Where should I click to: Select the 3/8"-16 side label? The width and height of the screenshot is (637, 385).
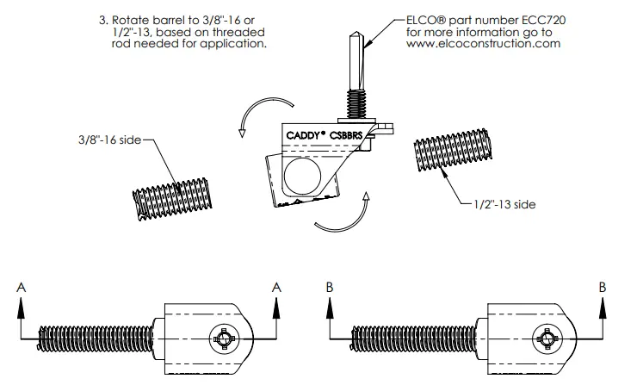107,140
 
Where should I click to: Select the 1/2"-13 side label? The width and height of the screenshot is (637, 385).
507,205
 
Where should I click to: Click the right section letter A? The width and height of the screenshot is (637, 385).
276,289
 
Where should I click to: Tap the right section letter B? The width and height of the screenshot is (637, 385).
602,289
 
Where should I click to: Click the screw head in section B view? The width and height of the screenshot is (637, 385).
547,338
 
